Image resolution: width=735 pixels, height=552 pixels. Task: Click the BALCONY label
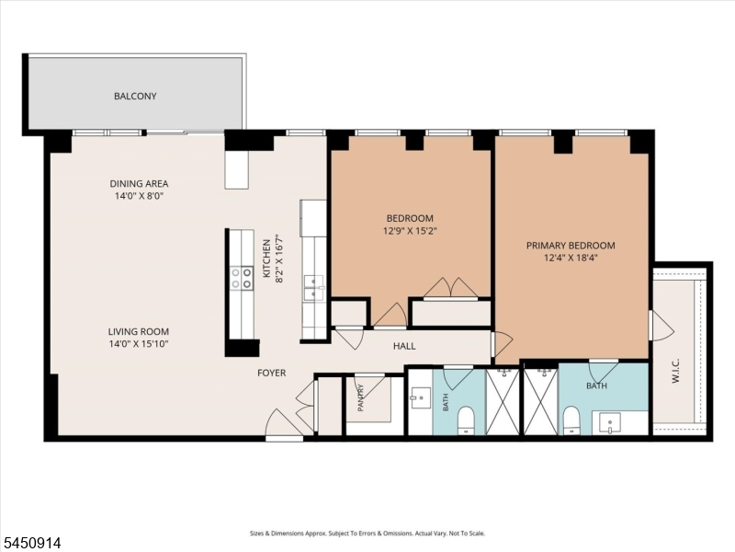tap(135, 96)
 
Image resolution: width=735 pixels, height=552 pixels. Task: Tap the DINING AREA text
tap(139, 183)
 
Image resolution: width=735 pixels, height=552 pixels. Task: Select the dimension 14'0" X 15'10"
tap(139, 344)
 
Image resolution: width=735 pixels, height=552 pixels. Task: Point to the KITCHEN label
tap(266, 259)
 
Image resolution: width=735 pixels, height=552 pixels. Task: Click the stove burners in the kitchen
tap(242, 278)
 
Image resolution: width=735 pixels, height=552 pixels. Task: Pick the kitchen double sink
tap(313, 288)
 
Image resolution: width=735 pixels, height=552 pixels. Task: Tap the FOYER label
tap(271, 373)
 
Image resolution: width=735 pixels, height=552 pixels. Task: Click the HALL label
tap(404, 346)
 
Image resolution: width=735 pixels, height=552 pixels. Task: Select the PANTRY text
tap(361, 398)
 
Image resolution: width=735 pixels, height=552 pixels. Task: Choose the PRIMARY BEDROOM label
tap(571, 245)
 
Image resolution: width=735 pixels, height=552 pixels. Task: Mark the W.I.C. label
tap(675, 371)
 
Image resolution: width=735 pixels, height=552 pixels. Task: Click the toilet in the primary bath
tap(571, 420)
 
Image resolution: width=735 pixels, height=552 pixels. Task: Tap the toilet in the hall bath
tap(466, 420)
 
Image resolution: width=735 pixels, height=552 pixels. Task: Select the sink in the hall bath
tap(421, 398)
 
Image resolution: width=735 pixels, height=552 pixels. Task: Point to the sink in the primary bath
tap(610, 423)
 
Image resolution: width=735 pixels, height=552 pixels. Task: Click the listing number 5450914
tap(31, 543)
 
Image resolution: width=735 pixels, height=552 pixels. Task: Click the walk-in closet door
tap(661, 326)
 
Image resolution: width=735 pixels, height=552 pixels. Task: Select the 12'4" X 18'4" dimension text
tap(571, 258)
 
